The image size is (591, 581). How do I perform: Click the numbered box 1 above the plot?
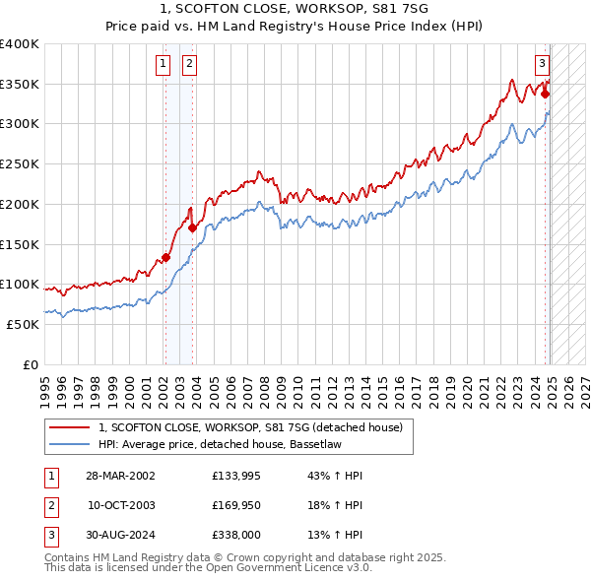click(x=163, y=66)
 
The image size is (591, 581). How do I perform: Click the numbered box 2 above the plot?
click(x=188, y=66)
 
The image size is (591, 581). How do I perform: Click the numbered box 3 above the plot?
click(x=542, y=66)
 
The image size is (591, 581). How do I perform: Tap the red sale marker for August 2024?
click(x=545, y=95)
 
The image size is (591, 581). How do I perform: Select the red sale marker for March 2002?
click(x=165, y=257)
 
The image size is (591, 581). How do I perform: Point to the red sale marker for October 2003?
click(x=192, y=228)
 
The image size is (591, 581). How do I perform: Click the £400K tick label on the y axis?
click(x=20, y=44)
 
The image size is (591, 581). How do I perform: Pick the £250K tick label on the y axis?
click(x=20, y=164)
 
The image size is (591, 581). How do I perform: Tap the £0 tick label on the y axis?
click(x=30, y=364)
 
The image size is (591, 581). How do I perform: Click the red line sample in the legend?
click(x=68, y=428)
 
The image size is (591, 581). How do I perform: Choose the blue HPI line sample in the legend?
click(x=68, y=446)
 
